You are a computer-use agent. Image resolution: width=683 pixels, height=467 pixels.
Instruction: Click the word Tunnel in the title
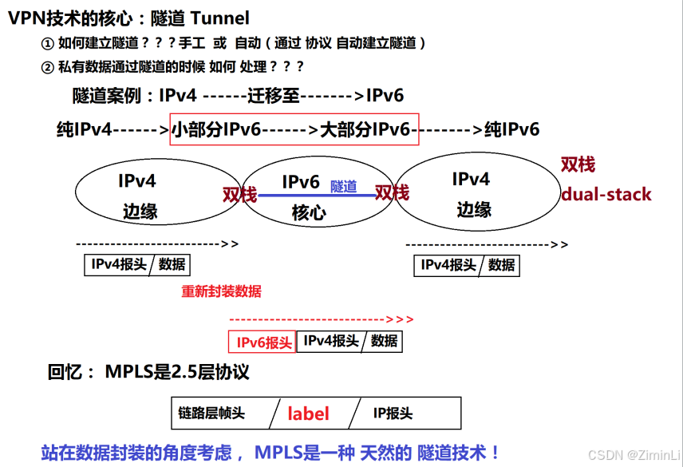tap(220, 18)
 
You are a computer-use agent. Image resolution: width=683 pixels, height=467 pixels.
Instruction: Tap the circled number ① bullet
tap(47, 43)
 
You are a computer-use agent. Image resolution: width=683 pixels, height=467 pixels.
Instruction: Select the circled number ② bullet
tap(47, 67)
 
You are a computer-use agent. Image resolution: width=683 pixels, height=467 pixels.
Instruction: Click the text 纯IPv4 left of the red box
tap(85, 129)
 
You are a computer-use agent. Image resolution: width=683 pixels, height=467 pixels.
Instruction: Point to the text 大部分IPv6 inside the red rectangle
tap(365, 129)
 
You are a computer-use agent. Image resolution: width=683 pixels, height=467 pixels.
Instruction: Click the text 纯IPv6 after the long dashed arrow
tap(512, 129)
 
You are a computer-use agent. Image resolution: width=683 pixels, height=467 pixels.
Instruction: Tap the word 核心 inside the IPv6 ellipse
tap(309, 212)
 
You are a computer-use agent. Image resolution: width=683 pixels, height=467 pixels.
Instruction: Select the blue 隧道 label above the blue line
tap(344, 187)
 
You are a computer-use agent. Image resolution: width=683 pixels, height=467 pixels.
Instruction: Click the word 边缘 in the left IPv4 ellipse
tap(140, 211)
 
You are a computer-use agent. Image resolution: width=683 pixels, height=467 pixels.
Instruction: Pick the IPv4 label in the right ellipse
tap(471, 180)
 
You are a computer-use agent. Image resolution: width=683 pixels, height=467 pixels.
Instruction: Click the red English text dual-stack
tap(606, 194)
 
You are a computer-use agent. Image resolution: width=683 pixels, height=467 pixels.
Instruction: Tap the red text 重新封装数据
tap(221, 291)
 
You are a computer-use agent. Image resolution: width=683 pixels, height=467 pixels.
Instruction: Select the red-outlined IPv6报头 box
tap(263, 342)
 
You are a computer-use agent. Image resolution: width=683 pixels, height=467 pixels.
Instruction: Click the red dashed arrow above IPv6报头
tap(322, 319)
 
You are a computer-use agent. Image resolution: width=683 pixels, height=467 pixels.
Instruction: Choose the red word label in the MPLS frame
tap(308, 414)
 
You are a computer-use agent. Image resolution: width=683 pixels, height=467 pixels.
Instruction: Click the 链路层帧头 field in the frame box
tap(211, 414)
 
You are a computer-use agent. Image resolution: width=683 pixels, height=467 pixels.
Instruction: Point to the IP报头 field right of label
tap(393, 414)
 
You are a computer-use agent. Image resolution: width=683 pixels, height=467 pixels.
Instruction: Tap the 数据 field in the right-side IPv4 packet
tap(501, 265)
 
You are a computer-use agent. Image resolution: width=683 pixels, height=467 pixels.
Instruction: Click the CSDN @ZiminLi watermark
tap(631, 454)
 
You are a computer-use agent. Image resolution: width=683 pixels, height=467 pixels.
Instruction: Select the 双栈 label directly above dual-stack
tap(578, 165)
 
